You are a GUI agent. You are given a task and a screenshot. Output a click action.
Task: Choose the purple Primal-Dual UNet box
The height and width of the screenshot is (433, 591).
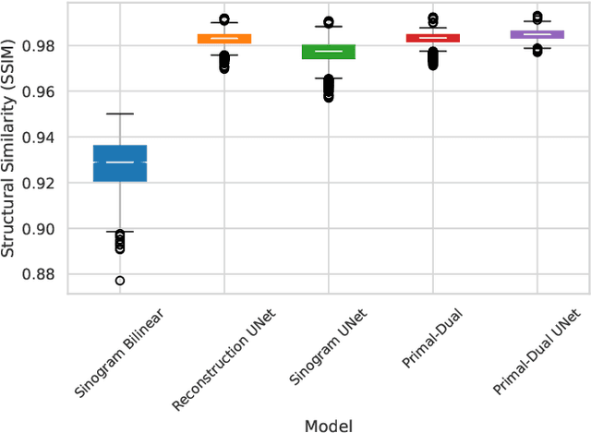pos(537,33)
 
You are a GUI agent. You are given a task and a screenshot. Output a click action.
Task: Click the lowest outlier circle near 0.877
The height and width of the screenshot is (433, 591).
pos(120,281)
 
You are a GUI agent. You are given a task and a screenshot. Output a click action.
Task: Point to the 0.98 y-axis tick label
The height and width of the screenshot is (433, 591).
pos(42,46)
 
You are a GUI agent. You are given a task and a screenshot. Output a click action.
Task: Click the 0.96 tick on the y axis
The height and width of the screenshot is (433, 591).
pos(42,91)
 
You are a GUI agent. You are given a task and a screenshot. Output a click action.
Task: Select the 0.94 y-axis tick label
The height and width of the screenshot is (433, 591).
pos(42,138)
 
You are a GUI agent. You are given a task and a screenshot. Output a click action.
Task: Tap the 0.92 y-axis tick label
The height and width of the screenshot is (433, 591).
pos(42,183)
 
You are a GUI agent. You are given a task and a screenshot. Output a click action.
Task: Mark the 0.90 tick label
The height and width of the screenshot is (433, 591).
pos(42,229)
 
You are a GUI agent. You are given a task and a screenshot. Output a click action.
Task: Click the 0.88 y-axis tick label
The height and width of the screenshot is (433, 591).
pos(42,274)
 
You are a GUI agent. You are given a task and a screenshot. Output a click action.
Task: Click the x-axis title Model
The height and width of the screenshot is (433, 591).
pos(328,424)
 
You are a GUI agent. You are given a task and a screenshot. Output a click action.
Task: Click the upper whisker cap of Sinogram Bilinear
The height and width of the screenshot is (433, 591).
pos(120,114)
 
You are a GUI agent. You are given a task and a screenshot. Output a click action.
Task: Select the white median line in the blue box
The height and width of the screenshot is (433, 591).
pos(120,162)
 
